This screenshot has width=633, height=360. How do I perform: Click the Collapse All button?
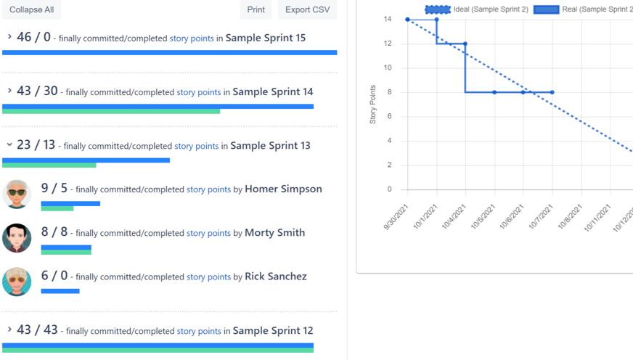pos(31,9)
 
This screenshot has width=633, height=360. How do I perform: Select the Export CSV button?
pos(307,9)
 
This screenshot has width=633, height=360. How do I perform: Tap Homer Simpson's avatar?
pos(17,194)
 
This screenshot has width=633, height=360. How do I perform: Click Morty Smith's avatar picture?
pos(17,238)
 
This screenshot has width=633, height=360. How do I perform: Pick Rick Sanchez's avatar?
pos(17,282)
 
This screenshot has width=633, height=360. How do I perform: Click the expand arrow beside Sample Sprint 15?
pos(9,37)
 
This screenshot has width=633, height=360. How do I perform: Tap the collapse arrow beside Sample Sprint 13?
pos(9,145)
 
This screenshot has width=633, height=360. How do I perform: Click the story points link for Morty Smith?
pos(208,233)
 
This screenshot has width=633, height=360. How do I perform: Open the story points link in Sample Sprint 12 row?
pos(199,331)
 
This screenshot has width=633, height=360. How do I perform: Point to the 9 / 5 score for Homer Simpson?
pos(54,188)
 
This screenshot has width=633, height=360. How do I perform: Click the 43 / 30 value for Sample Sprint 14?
pos(37,91)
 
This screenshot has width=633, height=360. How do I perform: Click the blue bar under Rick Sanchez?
pos(60,291)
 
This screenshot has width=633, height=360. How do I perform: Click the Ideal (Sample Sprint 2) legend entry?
pos(476,9)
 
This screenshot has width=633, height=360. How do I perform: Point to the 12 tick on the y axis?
pos(388,44)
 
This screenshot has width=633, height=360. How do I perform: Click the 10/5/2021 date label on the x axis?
pos(483,216)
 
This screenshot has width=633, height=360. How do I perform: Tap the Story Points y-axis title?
pos(373,105)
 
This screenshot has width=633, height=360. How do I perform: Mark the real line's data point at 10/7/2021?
pos(552,92)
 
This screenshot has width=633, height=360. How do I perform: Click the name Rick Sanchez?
pos(275,277)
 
